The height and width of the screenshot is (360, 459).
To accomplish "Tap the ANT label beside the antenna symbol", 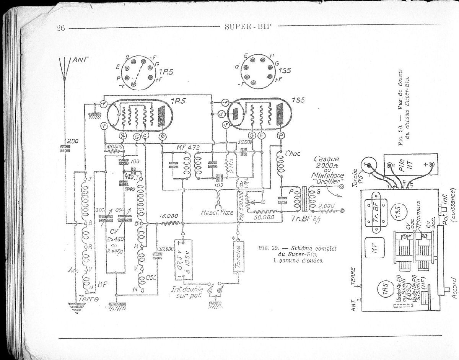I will point(79,60).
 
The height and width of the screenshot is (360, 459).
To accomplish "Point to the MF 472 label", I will point(188,148).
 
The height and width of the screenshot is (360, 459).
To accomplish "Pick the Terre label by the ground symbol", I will point(88,299).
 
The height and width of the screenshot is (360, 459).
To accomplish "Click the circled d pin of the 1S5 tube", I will point(221,114).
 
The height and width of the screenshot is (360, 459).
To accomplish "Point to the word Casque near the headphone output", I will point(325,159).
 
